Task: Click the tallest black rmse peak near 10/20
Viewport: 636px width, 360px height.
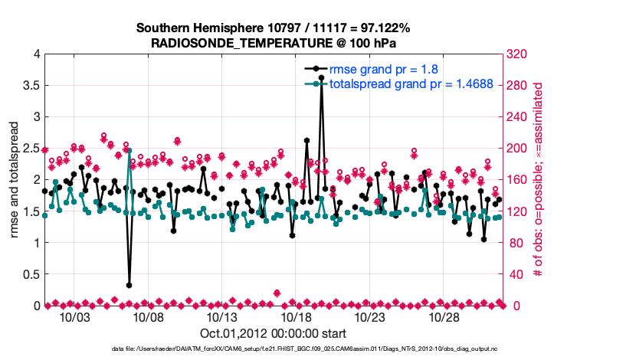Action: pyautogui.click(x=321, y=78)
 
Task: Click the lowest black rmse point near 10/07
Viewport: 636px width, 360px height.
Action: pyautogui.click(x=129, y=285)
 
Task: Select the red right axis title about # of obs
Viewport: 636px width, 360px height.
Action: pyautogui.click(x=539, y=180)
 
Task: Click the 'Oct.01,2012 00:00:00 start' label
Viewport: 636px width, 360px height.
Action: pyautogui.click(x=273, y=333)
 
